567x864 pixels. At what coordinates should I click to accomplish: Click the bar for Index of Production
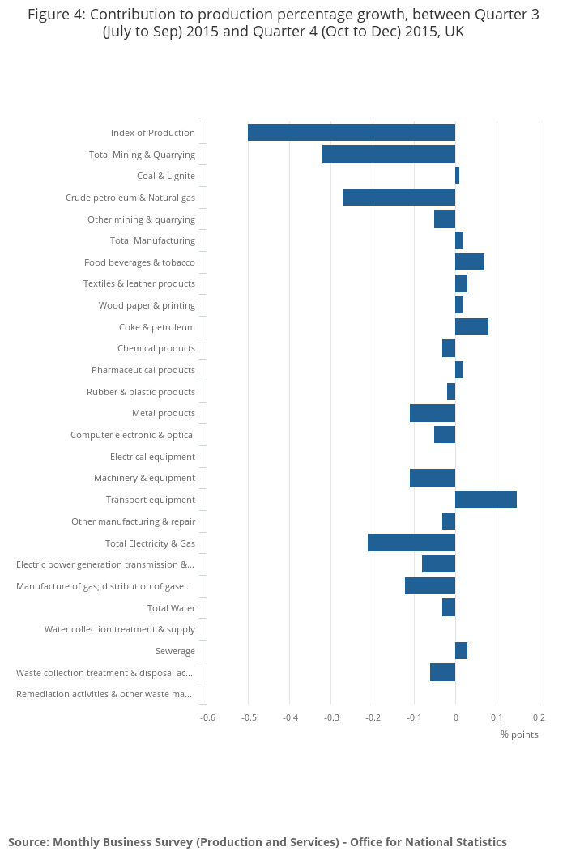point(352,133)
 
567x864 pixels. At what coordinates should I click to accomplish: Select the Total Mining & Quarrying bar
point(389,155)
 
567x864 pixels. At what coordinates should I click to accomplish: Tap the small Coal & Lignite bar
point(458,176)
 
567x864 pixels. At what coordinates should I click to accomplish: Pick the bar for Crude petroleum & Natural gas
point(399,198)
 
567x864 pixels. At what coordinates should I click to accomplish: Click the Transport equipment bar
point(486,500)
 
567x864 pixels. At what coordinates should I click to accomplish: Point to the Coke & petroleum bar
point(471,327)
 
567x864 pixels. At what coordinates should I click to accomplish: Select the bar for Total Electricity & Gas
point(411,543)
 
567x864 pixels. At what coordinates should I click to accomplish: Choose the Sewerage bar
point(461,651)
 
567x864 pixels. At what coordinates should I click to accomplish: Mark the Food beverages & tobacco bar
point(470,262)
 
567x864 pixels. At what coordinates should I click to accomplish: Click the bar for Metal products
point(433,413)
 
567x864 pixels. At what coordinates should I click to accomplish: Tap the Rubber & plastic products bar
point(451,392)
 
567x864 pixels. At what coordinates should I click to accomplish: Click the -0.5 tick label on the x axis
point(249,717)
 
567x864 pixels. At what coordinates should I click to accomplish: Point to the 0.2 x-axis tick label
point(539,717)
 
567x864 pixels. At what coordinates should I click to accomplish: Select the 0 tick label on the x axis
point(456,717)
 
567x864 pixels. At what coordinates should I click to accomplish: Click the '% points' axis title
point(519,734)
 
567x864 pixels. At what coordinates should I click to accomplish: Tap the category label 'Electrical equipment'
point(152,457)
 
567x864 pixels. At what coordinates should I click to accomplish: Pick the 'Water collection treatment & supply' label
point(120,629)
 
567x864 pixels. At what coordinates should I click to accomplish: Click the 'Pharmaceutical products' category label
point(143,370)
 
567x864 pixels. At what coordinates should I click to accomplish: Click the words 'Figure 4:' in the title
point(57,15)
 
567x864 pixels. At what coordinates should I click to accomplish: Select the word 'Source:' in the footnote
point(28,842)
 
